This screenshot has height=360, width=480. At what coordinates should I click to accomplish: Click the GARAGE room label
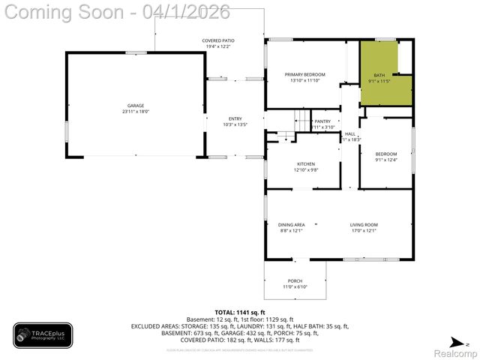(x=135, y=106)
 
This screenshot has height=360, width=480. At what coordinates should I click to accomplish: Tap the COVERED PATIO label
(x=217, y=40)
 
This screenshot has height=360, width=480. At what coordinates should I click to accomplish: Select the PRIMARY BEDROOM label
(x=304, y=74)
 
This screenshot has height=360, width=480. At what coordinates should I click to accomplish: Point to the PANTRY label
(x=322, y=121)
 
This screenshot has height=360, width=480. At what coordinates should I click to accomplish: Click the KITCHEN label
(x=305, y=164)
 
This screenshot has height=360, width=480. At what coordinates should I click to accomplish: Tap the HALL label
(x=350, y=134)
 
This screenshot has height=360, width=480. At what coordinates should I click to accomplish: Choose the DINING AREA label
(x=291, y=225)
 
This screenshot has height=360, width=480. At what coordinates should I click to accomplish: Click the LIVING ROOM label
(x=363, y=225)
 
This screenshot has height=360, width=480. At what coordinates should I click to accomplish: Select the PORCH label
(x=295, y=281)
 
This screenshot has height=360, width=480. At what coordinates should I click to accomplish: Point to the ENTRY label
(x=235, y=119)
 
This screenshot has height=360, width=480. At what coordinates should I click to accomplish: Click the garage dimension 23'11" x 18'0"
(x=136, y=112)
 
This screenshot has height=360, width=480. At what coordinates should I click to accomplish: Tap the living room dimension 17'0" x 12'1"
(x=363, y=231)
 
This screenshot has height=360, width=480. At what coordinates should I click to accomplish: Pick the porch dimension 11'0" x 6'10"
(x=295, y=287)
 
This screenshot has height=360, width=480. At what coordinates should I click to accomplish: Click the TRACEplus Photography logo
(x=43, y=335)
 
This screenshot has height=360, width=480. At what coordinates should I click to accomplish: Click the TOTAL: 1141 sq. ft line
(x=240, y=312)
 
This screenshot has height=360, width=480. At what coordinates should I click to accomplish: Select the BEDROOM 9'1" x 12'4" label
(x=385, y=156)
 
